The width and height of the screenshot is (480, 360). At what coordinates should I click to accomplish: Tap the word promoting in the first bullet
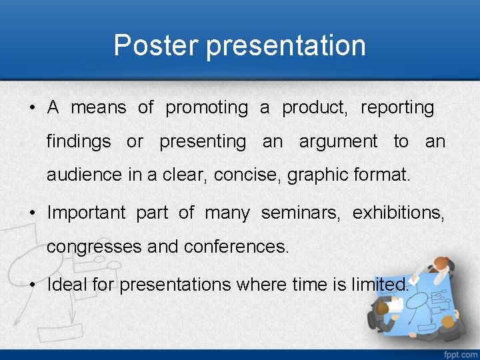tap(206, 107)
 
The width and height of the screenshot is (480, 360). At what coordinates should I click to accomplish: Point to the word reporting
tap(397, 107)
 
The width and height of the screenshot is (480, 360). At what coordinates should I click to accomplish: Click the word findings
tap(79, 142)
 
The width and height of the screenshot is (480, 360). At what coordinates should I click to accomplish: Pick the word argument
tap(338, 142)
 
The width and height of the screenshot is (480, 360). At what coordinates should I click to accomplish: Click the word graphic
tap(315, 175)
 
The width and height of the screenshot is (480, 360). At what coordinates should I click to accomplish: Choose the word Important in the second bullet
tap(86, 213)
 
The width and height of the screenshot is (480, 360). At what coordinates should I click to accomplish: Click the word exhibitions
tap(399, 213)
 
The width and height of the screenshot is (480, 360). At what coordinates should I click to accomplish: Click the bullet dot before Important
tap(32, 213)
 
